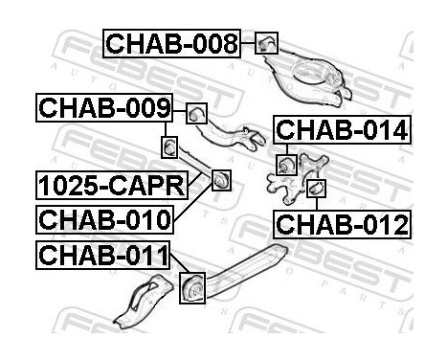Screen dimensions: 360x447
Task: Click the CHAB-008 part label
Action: pos(170,42)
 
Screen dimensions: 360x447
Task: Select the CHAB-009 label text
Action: pos(104,109)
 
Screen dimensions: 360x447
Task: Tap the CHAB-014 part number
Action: pos(342,129)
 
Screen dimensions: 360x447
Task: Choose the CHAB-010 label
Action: pos(104,218)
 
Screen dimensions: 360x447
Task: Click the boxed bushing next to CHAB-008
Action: pos(268,42)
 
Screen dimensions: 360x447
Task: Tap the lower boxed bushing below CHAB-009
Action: pos(169,148)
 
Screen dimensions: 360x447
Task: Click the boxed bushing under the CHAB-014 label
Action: pos(284,165)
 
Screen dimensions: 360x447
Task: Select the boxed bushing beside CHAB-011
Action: pos(192,286)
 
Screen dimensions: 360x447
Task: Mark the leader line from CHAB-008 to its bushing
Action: pos(250,42)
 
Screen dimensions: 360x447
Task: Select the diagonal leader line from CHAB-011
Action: pos(177,266)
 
